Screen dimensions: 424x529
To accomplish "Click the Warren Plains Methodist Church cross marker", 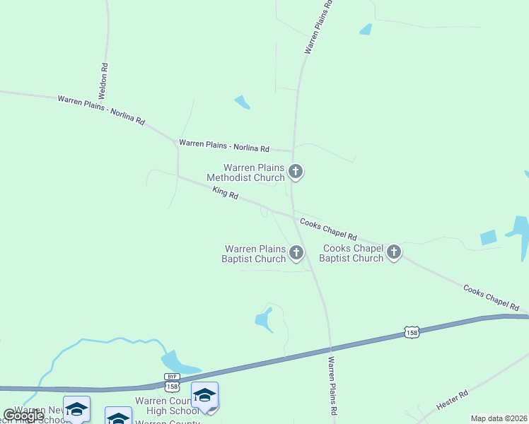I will click(x=296, y=172).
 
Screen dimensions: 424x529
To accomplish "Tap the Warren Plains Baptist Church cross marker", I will click(x=296, y=252).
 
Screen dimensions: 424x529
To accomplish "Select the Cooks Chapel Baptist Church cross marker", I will click(x=394, y=252).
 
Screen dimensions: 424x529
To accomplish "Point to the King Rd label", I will click(x=226, y=192).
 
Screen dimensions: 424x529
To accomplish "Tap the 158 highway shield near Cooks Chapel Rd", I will click(x=413, y=331).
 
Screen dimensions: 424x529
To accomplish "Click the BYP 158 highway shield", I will click(x=172, y=382).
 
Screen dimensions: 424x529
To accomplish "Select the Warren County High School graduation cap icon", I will click(x=204, y=395).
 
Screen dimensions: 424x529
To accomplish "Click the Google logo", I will click(x=23, y=416).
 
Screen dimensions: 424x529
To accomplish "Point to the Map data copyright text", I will click(x=499, y=418).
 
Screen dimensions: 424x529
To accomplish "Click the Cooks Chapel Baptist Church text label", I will click(x=351, y=253).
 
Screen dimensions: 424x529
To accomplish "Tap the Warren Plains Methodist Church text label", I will click(x=254, y=172).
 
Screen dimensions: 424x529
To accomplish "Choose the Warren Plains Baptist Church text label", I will click(x=255, y=253).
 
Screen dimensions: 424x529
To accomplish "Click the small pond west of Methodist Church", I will click(x=242, y=102).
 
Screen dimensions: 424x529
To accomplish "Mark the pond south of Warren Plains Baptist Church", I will click(x=264, y=320).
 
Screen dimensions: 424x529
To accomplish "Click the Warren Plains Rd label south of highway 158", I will click(x=332, y=386).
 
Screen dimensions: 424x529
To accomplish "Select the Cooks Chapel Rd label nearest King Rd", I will click(x=328, y=228).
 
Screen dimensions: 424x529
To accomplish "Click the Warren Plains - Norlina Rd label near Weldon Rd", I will click(x=101, y=110).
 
